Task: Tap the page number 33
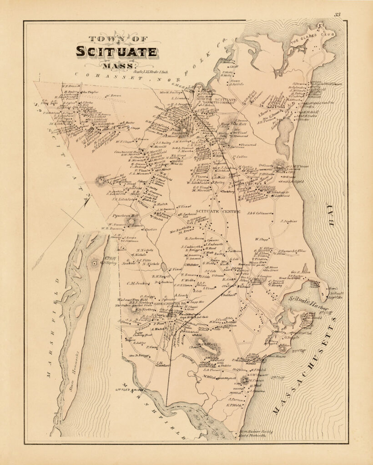click(337, 15)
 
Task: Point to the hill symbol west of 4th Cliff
click(95, 262)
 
